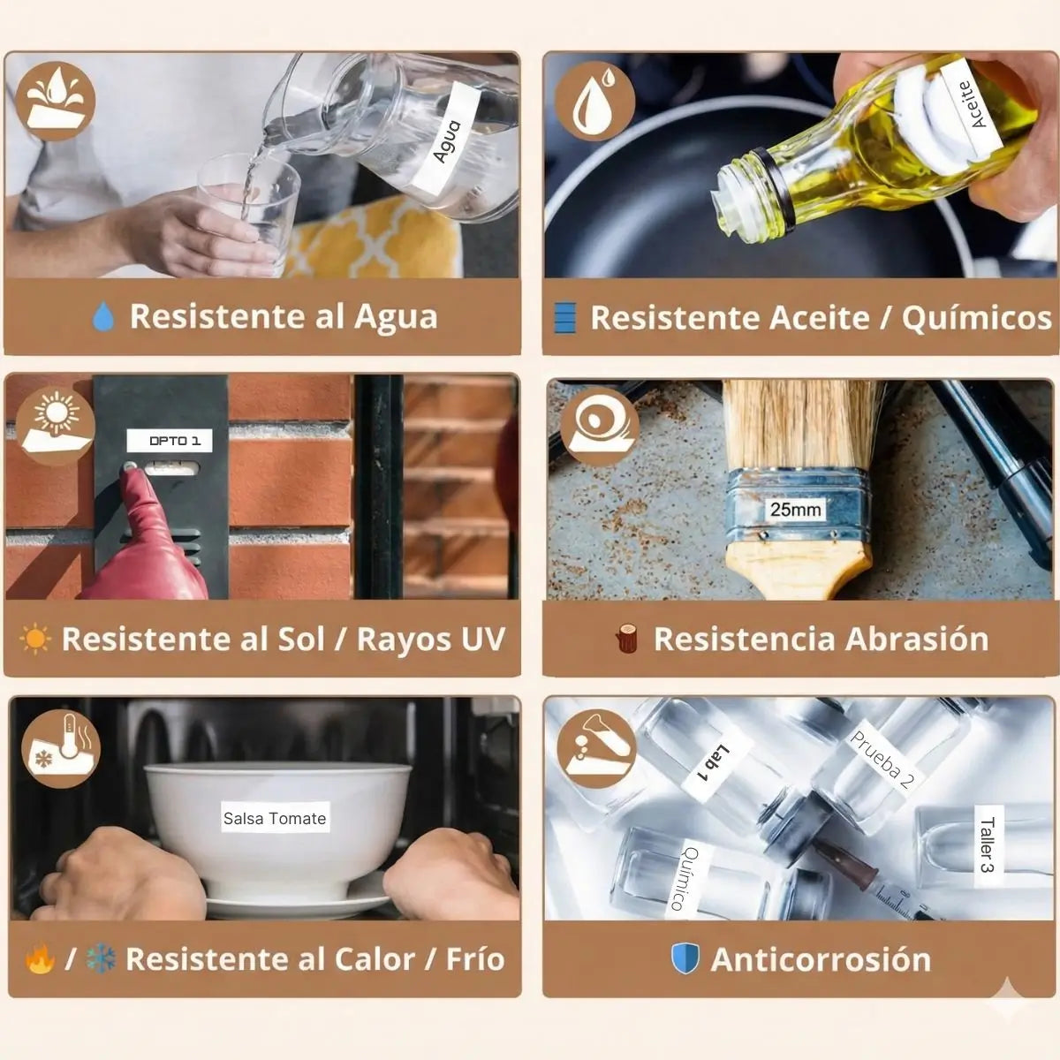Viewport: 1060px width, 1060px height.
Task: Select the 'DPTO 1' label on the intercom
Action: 170,441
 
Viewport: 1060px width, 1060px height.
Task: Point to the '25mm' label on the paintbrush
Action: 795,510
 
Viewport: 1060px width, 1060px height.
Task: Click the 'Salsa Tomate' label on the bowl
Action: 275,817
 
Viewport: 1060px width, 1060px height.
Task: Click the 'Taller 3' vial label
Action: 988,845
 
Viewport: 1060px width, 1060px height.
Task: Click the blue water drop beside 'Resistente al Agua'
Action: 103,316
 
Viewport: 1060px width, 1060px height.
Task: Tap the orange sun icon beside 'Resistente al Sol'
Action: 35,639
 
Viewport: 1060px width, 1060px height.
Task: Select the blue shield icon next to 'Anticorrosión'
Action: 685,958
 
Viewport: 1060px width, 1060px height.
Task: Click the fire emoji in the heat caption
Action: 40,959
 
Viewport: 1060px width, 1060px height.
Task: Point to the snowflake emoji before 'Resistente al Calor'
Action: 102,959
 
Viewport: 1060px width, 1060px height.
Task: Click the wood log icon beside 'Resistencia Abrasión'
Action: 627,639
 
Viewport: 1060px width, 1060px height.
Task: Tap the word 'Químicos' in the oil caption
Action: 976,318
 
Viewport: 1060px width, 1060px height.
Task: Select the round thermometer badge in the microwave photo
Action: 61,749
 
